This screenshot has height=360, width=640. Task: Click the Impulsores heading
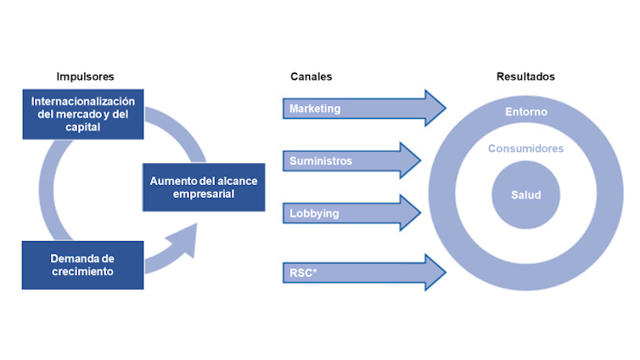85,76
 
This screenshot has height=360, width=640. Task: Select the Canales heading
311,76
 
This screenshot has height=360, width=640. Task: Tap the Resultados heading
525,76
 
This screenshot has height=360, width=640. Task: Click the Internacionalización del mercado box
83,115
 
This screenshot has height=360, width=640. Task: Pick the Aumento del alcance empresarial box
203,188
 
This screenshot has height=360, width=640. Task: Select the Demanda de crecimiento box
82,265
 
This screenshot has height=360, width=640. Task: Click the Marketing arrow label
315,109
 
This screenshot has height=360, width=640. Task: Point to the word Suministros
321,160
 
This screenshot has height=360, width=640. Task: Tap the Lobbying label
314,213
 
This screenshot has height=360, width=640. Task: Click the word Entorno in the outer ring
526,112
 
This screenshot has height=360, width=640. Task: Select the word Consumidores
526,149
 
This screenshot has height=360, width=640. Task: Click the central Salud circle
526,194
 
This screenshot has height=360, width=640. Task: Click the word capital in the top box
81,128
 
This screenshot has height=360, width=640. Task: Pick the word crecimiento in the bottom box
82,272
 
